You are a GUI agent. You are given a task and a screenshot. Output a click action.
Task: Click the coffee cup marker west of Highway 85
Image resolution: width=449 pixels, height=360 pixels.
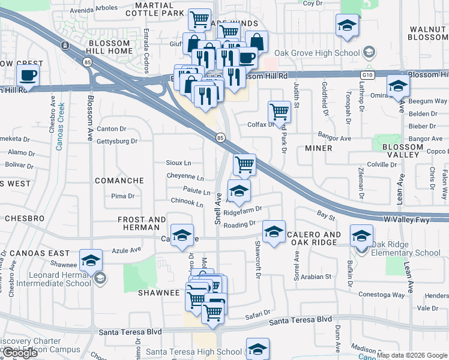[x=28, y=76]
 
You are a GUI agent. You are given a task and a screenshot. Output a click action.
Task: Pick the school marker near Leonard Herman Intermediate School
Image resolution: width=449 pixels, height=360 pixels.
[x=91, y=260]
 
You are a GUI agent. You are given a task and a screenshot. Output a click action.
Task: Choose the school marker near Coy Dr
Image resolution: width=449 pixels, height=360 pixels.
[x=346, y=26]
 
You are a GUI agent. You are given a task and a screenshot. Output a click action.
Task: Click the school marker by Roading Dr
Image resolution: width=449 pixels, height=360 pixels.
[x=274, y=232]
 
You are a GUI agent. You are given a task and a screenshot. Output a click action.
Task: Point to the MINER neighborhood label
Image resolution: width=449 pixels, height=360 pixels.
[x=318, y=148]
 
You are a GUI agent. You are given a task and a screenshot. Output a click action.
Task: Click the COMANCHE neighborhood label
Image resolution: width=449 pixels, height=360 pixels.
[x=119, y=181]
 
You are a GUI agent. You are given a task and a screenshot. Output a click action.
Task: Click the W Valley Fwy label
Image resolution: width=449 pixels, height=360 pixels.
[x=412, y=220]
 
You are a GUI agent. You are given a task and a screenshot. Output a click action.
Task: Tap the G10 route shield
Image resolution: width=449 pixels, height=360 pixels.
[x=367, y=75]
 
